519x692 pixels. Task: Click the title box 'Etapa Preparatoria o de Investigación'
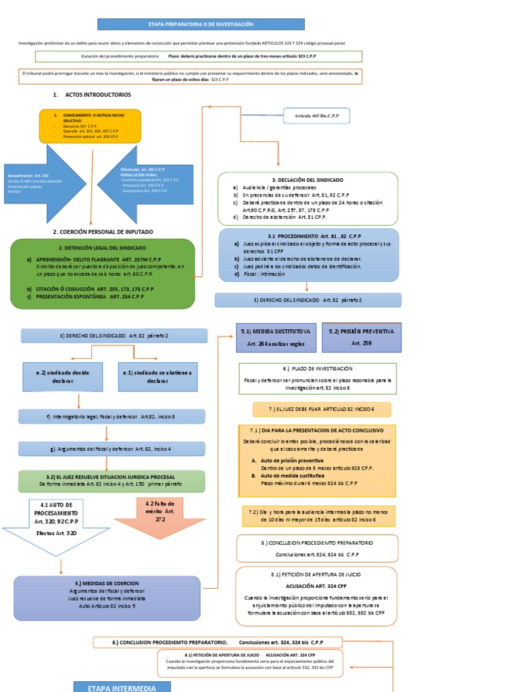[x=201, y=24]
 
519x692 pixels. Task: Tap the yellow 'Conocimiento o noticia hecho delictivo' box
[x=90, y=126]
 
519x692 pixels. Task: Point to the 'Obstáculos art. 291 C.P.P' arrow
[x=149, y=182]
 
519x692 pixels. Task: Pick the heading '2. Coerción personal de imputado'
[x=103, y=232]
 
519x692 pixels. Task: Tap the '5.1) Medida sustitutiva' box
[x=276, y=337]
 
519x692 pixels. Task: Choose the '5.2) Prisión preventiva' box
[x=362, y=337]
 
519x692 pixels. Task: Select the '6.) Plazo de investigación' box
[x=318, y=378]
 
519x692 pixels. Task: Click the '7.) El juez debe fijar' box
[x=322, y=410]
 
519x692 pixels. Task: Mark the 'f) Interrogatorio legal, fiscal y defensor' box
[x=112, y=416]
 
